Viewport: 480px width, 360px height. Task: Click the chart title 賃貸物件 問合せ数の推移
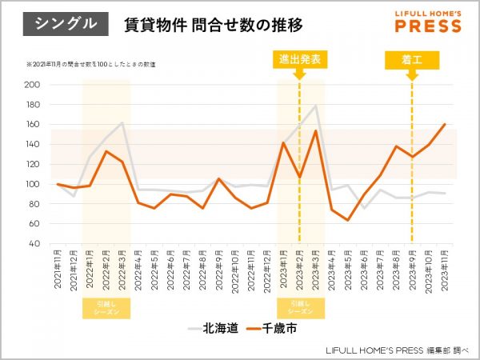click(214, 25)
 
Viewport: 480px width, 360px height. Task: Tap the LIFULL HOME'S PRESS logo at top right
click(428, 22)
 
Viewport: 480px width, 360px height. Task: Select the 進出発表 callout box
click(300, 60)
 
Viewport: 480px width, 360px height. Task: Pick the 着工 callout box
click(412, 60)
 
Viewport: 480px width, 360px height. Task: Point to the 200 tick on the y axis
click(33, 85)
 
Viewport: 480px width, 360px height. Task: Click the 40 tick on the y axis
click(35, 244)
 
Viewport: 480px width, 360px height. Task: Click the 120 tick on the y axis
click(33, 164)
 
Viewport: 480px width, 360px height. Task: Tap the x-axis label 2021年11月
click(58, 272)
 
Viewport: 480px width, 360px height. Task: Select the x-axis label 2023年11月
click(445, 272)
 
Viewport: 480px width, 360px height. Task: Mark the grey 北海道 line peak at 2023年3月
click(316, 105)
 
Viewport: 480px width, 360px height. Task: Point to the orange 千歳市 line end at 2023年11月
click(445, 124)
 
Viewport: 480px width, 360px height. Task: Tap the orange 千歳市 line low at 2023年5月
click(348, 220)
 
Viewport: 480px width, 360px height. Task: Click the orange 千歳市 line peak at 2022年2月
click(106, 151)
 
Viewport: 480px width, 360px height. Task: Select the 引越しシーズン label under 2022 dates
click(106, 308)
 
